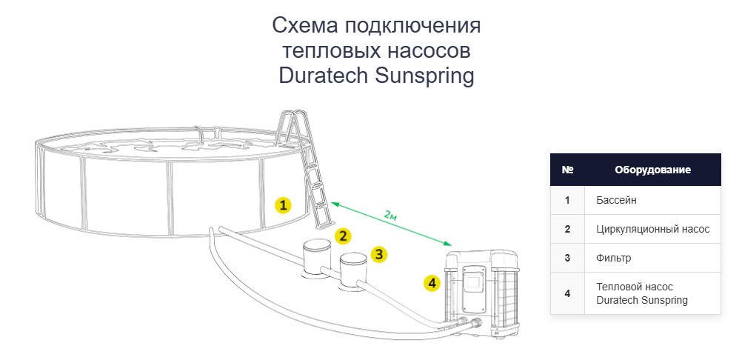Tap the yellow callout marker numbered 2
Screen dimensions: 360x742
(x=342, y=236)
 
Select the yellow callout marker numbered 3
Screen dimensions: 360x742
(x=379, y=254)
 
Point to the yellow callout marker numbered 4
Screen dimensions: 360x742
(x=432, y=282)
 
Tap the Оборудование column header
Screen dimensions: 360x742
(x=652, y=170)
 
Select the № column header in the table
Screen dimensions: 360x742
(x=568, y=170)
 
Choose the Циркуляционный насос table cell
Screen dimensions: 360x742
(x=652, y=229)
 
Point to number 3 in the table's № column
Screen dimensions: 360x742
(x=567, y=258)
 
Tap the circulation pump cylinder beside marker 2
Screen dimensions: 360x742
(x=316, y=256)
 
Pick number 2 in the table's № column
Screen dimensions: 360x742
(x=567, y=229)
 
